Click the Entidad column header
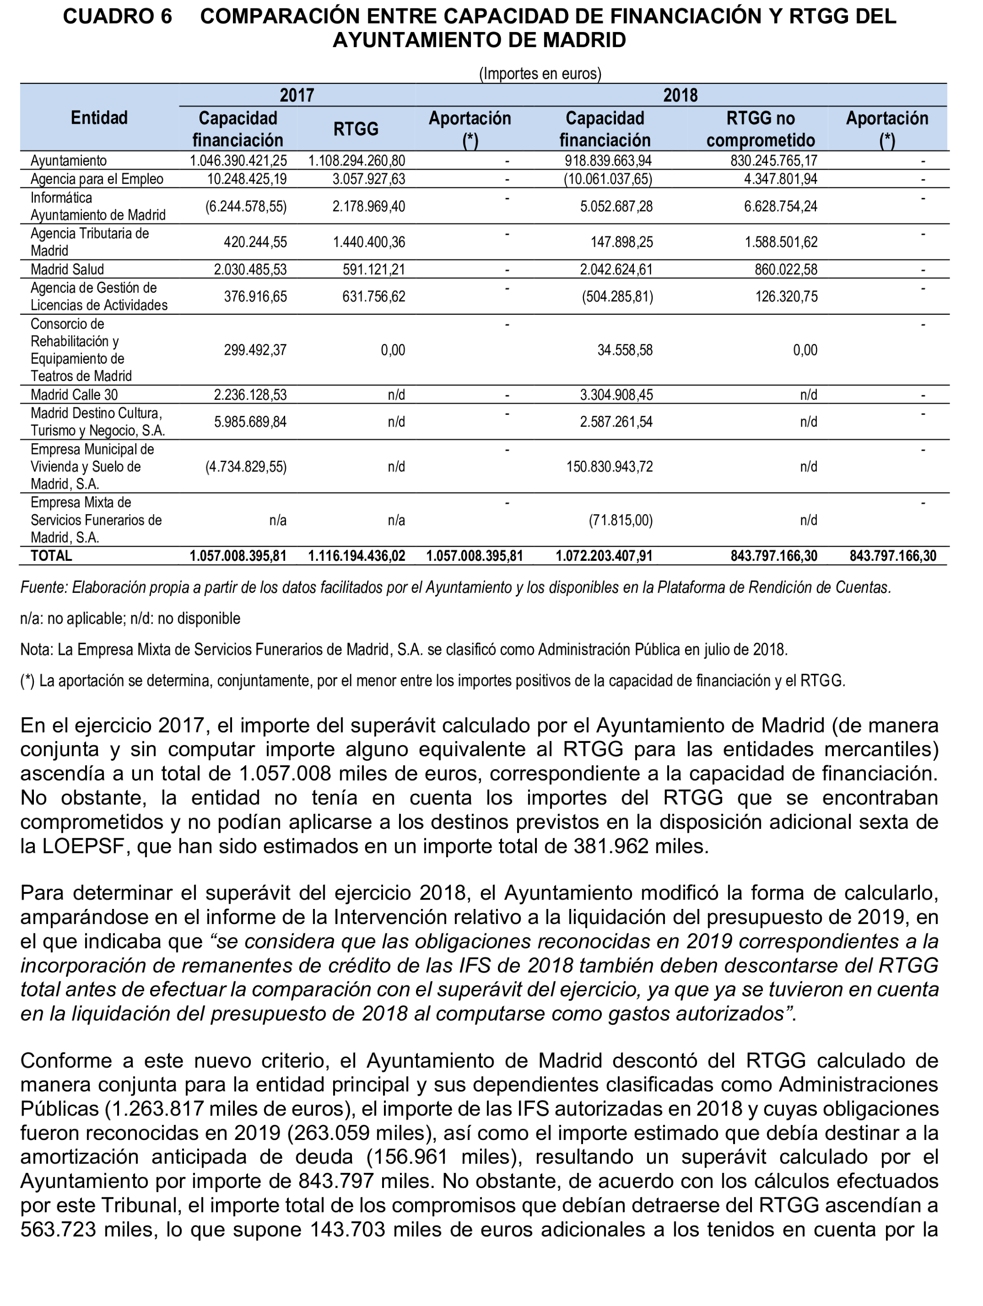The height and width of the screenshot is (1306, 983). coord(99,118)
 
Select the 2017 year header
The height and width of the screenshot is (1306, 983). coord(296,95)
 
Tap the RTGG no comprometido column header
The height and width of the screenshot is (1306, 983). coord(760,129)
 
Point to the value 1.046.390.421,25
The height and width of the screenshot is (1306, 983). coord(238,160)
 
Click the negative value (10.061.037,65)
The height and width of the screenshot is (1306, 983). coord(607,179)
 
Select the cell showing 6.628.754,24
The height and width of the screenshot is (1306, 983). coord(781,207)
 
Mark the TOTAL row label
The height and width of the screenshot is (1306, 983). coord(51,556)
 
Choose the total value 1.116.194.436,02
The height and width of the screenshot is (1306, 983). coord(357,556)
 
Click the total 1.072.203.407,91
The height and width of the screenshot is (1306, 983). coord(604,556)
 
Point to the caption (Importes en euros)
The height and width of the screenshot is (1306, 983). coord(540,74)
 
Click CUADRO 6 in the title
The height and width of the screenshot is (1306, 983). coord(118,16)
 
